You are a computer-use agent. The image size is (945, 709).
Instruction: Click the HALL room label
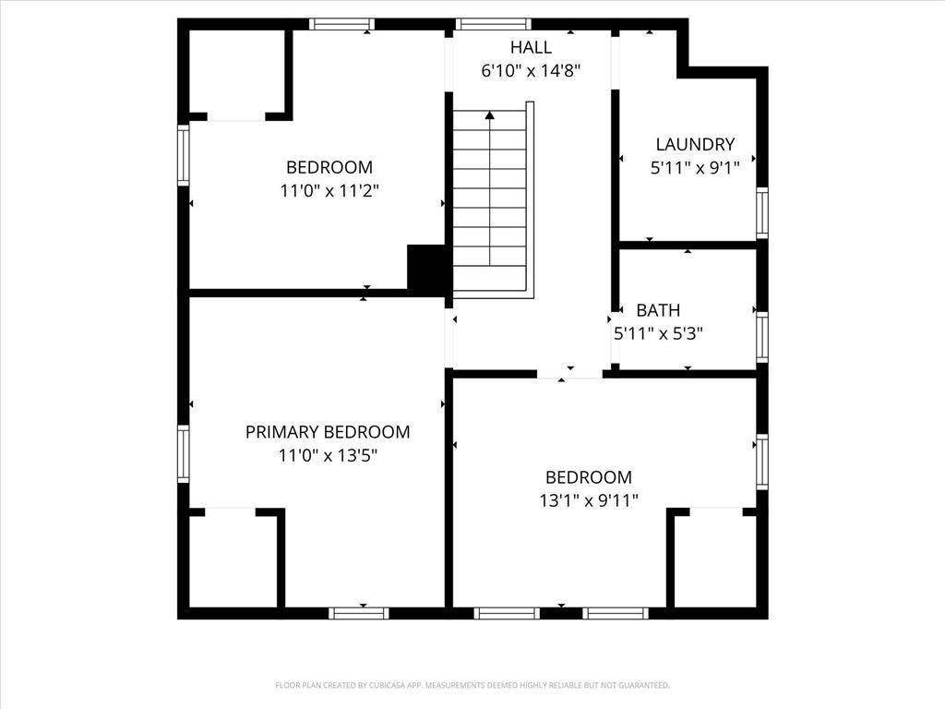[x=531, y=47]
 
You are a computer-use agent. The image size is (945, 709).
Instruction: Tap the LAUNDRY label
[x=695, y=145]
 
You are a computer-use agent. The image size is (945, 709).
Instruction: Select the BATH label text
[x=658, y=310]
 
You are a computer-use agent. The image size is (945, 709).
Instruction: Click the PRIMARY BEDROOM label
[x=328, y=432]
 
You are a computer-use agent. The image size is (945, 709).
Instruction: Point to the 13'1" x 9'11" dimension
[x=588, y=500]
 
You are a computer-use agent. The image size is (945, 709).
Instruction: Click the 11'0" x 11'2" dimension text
[x=329, y=191]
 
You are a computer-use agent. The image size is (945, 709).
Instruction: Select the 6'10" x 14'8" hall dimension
[x=531, y=71]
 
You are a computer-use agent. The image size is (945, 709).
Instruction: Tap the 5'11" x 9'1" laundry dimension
[x=695, y=168]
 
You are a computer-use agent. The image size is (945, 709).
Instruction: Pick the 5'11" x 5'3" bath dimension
[x=658, y=333]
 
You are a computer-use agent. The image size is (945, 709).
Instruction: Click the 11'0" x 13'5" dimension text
[x=328, y=455]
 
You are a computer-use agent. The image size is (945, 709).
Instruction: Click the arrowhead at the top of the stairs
[x=490, y=114]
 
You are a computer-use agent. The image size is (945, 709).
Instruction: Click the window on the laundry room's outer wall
[x=762, y=213]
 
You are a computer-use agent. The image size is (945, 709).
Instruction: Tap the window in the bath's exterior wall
[x=762, y=337]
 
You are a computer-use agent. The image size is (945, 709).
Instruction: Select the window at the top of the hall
[x=493, y=24]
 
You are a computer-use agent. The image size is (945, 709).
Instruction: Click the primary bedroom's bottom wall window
[x=359, y=613]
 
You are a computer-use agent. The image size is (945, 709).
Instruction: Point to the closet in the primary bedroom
[x=233, y=560]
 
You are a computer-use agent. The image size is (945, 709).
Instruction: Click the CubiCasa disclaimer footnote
[x=472, y=686]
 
